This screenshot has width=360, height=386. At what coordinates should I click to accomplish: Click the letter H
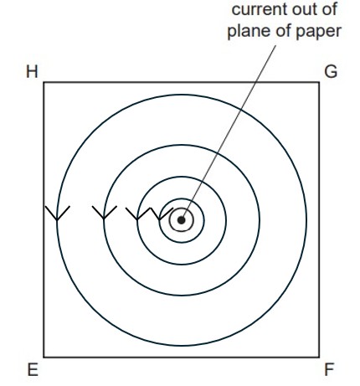[32, 72]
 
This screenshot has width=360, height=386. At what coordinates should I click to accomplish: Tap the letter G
[331, 72]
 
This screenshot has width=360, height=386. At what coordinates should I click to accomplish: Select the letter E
[33, 370]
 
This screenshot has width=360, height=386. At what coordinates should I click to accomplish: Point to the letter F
[329, 370]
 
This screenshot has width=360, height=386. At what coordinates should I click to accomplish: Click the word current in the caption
[258, 10]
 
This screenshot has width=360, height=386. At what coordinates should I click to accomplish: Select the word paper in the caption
[318, 32]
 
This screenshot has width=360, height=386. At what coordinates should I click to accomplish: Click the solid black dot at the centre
[182, 220]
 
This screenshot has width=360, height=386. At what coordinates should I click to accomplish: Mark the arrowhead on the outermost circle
[57, 214]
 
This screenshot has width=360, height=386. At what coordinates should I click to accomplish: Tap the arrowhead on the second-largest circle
[104, 213]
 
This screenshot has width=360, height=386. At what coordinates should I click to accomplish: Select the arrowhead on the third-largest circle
[137, 214]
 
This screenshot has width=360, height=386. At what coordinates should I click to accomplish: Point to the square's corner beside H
[44, 82]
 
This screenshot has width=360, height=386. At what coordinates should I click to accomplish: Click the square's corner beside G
[319, 82]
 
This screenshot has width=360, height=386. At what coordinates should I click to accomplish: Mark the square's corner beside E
[44, 357]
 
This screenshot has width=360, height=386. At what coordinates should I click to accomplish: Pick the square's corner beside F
[319, 357]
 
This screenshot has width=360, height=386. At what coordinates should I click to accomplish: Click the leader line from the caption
[229, 131]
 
